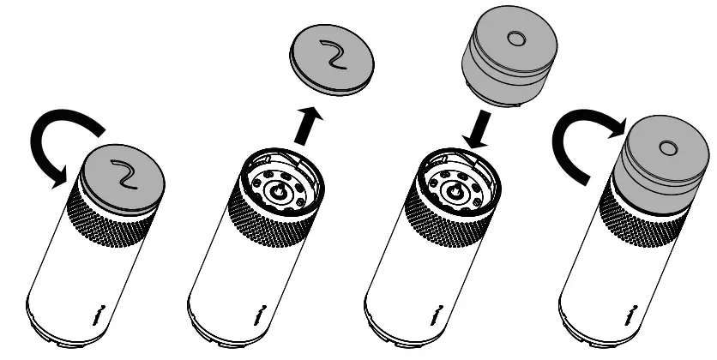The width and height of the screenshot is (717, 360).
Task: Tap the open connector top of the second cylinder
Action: [280, 187]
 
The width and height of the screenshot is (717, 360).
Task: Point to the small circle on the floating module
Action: [515, 39]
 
